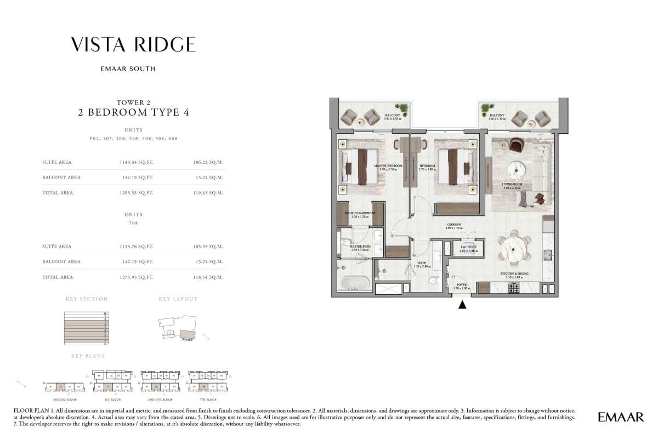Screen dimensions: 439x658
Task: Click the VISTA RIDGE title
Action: click(x=133, y=45)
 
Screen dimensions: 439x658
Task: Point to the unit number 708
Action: click(x=133, y=223)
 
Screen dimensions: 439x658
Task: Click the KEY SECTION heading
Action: click(x=87, y=299)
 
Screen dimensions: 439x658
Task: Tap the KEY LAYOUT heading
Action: click(x=178, y=299)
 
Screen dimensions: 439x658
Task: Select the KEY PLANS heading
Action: click(x=88, y=356)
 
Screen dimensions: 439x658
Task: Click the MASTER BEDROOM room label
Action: click(x=388, y=166)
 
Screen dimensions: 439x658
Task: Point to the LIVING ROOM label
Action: click(x=514, y=185)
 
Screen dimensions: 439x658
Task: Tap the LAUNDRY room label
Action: click(x=468, y=247)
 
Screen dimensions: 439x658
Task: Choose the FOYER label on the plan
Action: click(x=462, y=285)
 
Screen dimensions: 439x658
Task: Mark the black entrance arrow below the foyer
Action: click(x=463, y=305)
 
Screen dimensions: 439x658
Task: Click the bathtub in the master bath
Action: click(x=355, y=283)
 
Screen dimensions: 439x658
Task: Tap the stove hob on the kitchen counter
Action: click(x=515, y=288)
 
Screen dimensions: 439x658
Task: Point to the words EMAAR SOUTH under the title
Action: click(x=133, y=69)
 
